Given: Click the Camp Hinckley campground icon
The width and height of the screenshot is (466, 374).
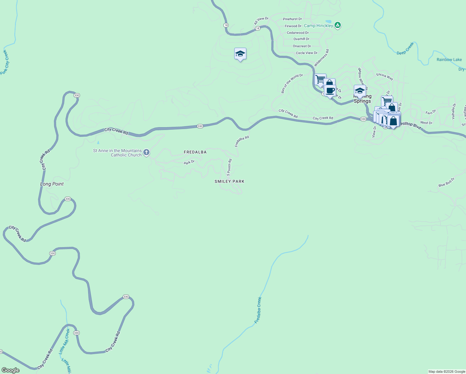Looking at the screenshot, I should click(338, 25).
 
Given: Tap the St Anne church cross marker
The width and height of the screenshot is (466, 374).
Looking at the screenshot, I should click(146, 152).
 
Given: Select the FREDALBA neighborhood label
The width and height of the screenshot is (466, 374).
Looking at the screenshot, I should click(195, 152).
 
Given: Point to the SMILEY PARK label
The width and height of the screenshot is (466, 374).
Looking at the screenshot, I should click(230, 181).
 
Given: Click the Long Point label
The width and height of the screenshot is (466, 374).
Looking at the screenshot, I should click(52, 184).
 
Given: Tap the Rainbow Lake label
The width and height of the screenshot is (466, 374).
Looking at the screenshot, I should click(449, 60).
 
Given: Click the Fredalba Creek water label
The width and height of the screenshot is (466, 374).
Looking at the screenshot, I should click(258, 310).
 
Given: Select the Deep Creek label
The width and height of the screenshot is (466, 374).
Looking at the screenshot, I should click(405, 49).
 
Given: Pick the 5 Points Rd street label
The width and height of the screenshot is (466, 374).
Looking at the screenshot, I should click(229, 167).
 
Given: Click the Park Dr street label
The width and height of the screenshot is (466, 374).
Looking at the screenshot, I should click(189, 162).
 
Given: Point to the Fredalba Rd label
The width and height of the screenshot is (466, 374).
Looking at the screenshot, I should click(242, 141).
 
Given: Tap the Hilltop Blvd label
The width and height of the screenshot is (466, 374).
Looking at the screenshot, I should click(411, 125).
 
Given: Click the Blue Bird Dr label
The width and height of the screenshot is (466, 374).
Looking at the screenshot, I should click(446, 182).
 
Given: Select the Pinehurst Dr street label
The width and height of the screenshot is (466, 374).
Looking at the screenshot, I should click(292, 19).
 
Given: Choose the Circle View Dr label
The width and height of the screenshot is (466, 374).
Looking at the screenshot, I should click(307, 53).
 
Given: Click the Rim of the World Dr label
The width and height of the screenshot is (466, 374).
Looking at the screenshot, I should click(292, 83).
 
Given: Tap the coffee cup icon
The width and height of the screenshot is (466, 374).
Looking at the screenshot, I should click(330, 91).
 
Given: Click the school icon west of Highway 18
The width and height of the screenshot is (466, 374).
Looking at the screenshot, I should click(240, 54).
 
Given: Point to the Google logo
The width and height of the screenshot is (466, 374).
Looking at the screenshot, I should click(11, 370).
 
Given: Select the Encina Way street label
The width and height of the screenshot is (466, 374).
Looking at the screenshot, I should click(385, 76).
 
